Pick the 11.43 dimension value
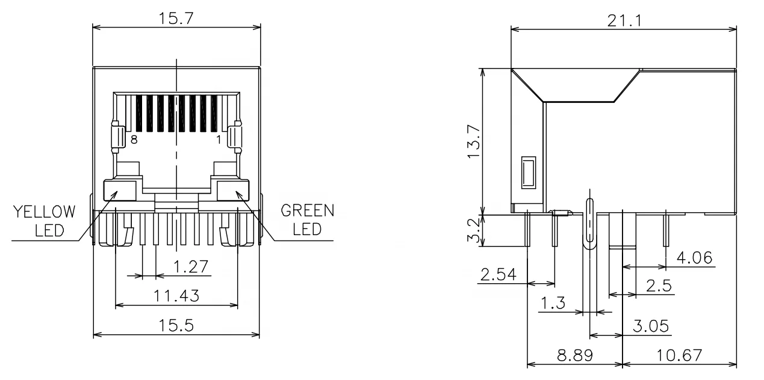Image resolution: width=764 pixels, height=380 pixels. (176, 295)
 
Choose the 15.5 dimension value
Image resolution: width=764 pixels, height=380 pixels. (176, 325)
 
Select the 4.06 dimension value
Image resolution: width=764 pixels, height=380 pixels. (694, 259)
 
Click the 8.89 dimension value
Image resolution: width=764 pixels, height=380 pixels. (574, 355)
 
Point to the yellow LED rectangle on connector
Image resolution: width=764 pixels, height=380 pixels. (119, 192)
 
